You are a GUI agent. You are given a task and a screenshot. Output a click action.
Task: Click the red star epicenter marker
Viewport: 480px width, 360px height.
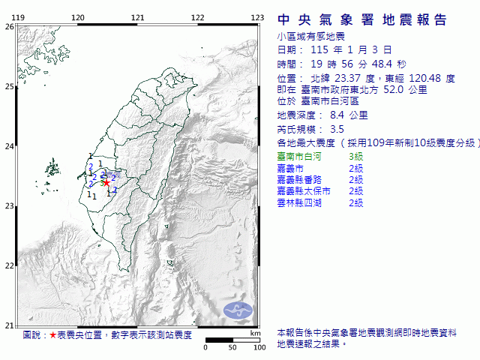[106, 182]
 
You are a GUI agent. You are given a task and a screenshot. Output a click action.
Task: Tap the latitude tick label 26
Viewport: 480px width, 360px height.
[8, 27]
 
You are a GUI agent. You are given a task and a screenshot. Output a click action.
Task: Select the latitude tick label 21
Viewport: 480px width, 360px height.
[8, 325]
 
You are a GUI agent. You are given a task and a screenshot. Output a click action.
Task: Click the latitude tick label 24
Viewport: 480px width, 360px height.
[8, 146]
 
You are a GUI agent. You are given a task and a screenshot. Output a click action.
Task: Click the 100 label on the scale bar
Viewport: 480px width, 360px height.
[259, 347]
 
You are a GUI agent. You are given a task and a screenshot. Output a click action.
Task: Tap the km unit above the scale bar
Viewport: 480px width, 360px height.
[255, 333]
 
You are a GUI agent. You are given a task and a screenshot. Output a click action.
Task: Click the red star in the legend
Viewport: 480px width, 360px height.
[52, 335]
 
